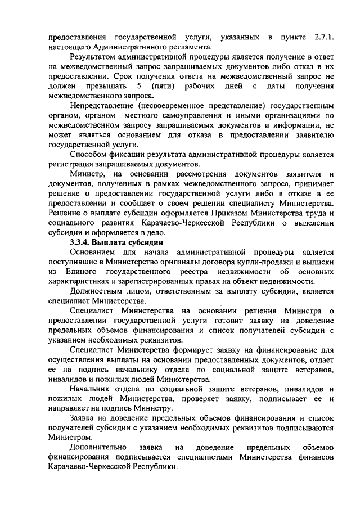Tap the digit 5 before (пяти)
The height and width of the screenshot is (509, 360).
138,85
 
